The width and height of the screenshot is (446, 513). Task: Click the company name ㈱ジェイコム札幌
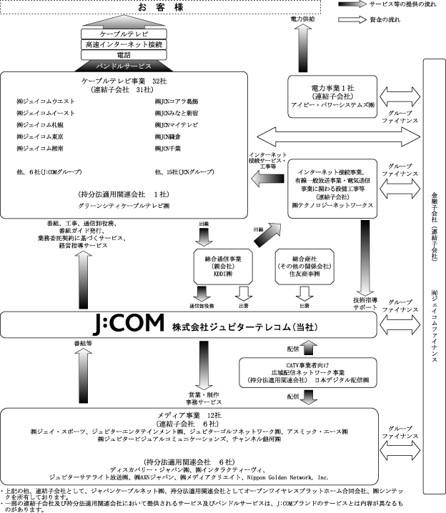click(40, 124)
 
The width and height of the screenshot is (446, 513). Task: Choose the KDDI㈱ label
click(222, 274)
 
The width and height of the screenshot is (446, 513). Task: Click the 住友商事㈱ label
click(305, 274)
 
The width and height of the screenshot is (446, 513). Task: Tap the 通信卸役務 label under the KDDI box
click(202, 306)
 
